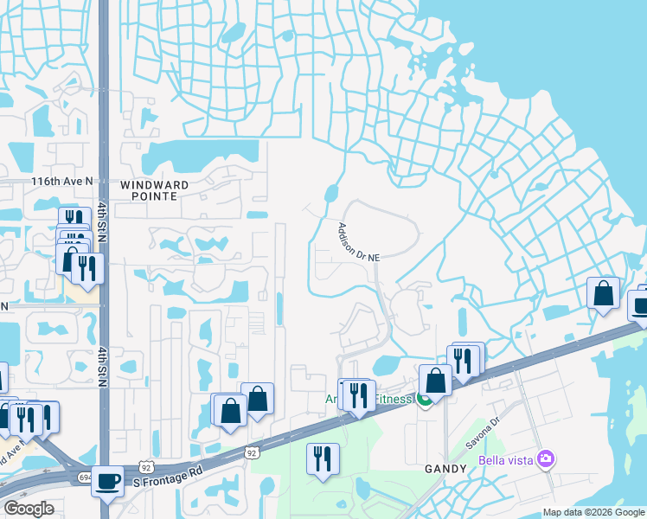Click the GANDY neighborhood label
[x=445, y=467]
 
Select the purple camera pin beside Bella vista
[x=545, y=458]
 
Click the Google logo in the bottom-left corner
[x=29, y=509]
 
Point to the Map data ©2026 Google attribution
[x=593, y=512]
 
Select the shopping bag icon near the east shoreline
[x=603, y=293]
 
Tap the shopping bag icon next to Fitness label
[x=435, y=380]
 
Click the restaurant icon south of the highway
[x=323, y=458]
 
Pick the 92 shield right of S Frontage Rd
[x=251, y=452]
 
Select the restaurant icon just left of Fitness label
[x=358, y=394]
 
